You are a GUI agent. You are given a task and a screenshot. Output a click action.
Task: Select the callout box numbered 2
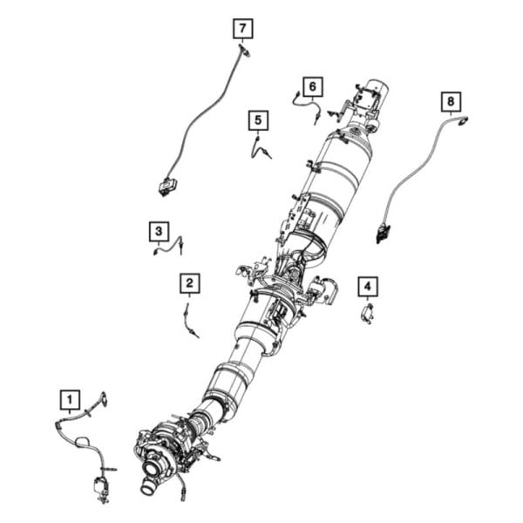tap(190, 282)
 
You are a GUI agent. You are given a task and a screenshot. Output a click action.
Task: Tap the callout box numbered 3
tap(158, 231)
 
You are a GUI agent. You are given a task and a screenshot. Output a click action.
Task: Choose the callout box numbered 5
tap(258, 119)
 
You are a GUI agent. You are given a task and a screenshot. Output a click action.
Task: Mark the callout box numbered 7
tap(242, 29)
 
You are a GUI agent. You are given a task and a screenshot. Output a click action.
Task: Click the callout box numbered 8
tap(450, 102)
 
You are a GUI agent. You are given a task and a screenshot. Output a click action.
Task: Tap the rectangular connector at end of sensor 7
tap(166, 185)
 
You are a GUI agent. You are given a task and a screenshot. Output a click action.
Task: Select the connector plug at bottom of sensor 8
tap(383, 232)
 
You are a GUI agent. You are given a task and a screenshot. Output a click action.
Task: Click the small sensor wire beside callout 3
tap(167, 246)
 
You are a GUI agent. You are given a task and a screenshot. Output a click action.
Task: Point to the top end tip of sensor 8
tap(463, 120)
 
